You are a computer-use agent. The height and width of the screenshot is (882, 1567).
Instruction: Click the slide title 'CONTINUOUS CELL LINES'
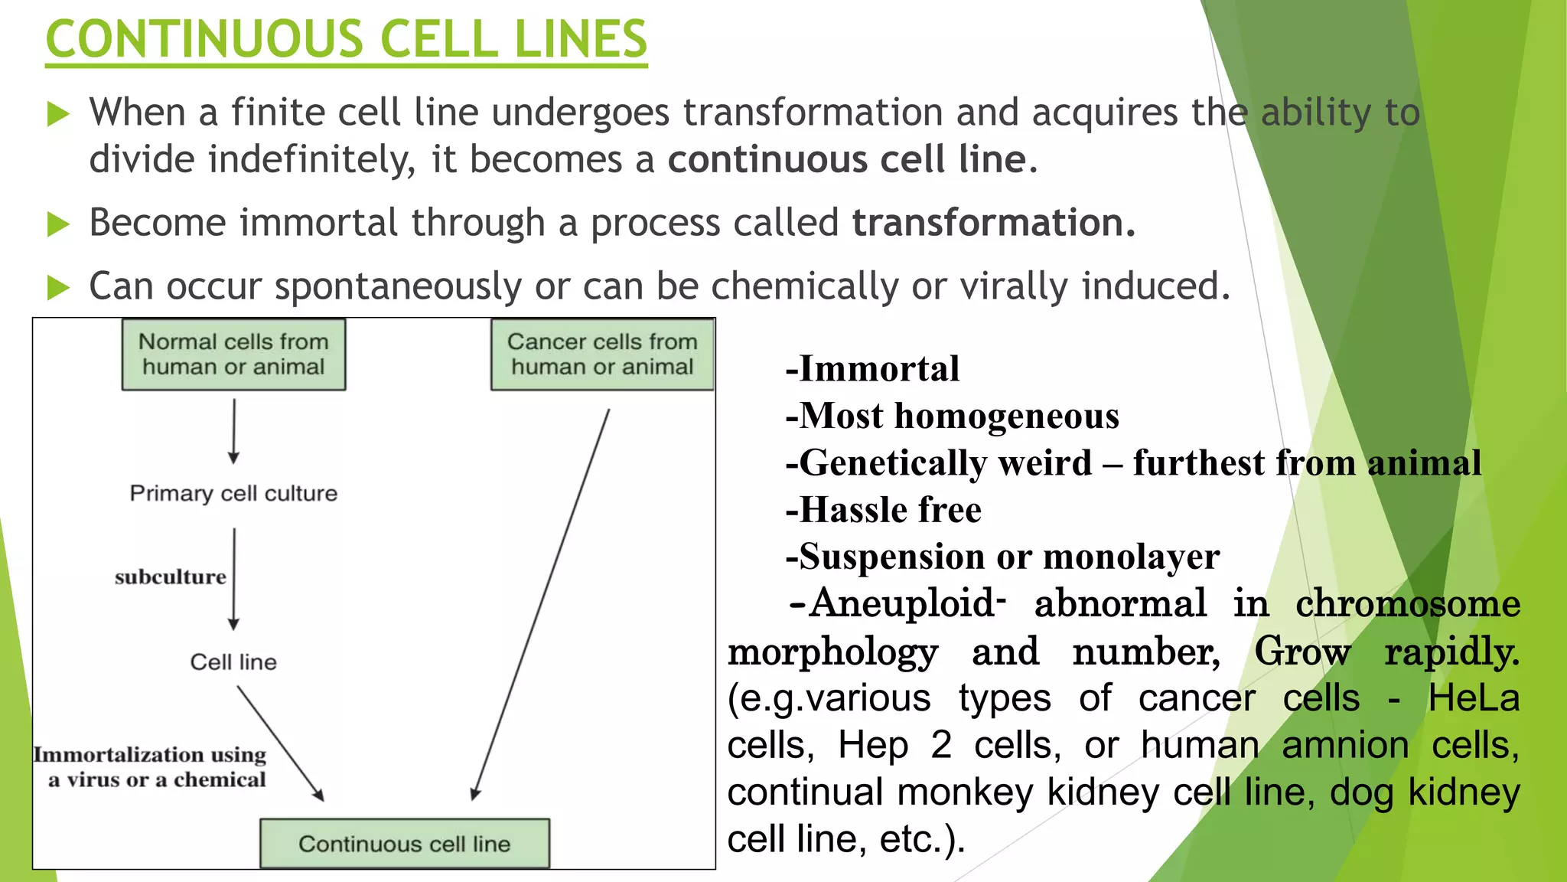pyautogui.click(x=346, y=40)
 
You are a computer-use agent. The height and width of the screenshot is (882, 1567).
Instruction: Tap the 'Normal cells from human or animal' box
pyautogui.click(x=233, y=354)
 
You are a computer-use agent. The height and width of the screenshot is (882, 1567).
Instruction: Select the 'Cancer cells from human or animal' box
pyautogui.click(x=602, y=354)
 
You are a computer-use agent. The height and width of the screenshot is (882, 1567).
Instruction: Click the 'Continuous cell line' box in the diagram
pyautogui.click(x=404, y=844)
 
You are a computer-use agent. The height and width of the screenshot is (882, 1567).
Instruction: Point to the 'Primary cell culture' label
pyautogui.click(x=233, y=493)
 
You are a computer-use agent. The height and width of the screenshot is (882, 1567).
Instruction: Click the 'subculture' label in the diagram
pyautogui.click(x=171, y=577)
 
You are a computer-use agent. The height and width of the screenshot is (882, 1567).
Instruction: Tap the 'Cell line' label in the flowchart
pyautogui.click(x=233, y=661)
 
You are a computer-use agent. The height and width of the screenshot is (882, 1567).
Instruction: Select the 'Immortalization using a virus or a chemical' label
pyautogui.click(x=151, y=766)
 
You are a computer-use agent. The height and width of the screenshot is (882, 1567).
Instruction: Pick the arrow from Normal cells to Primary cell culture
pyautogui.click(x=234, y=430)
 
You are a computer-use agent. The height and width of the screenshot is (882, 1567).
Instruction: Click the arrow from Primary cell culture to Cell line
pyautogui.click(x=234, y=579)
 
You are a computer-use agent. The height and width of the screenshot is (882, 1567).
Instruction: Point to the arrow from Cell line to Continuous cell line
pyautogui.click(x=280, y=743)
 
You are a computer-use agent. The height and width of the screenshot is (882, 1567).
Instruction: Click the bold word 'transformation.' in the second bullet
pyautogui.click(x=993, y=223)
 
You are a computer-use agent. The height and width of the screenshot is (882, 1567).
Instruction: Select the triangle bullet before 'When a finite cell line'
pyautogui.click(x=58, y=115)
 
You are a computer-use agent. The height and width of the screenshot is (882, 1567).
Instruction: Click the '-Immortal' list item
pyautogui.click(x=872, y=369)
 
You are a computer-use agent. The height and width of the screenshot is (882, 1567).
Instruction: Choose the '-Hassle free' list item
pyautogui.click(x=884, y=510)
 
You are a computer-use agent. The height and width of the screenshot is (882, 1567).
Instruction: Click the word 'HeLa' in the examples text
pyautogui.click(x=1473, y=698)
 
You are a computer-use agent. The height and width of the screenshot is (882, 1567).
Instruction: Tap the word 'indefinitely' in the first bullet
pyautogui.click(x=312, y=160)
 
